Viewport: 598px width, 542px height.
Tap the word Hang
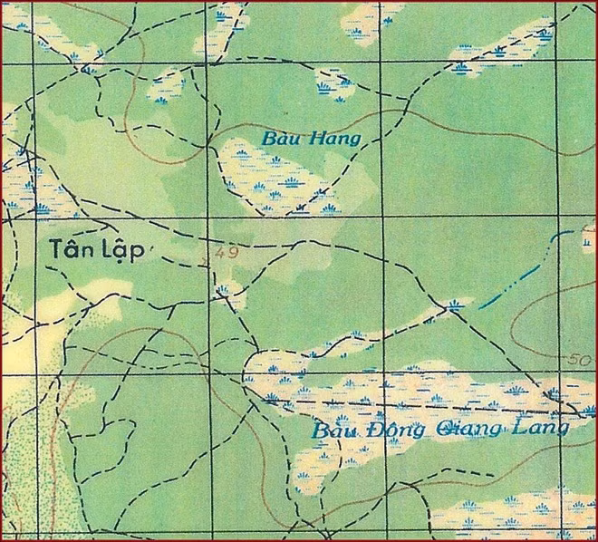(336, 139)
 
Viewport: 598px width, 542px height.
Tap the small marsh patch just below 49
(224, 290)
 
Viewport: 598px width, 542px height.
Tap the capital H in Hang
(320, 139)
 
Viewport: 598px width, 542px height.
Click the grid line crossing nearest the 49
(209, 219)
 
